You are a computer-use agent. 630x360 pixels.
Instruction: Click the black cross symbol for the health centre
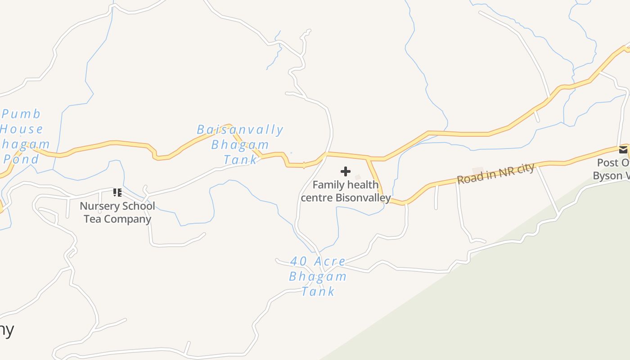pyautogui.click(x=346, y=171)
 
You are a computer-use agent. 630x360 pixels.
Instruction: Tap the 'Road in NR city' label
pyautogui.click(x=495, y=173)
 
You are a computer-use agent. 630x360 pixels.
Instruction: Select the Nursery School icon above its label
pyautogui.click(x=117, y=193)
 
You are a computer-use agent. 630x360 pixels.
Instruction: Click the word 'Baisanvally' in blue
pyautogui.click(x=240, y=130)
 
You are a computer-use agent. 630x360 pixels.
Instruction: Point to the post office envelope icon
pyautogui.click(x=623, y=150)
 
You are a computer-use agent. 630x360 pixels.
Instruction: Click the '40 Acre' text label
pyautogui.click(x=318, y=261)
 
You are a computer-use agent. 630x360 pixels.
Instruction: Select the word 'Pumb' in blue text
pyautogui.click(x=21, y=114)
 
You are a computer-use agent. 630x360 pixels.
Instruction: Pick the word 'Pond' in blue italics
pyautogui.click(x=21, y=159)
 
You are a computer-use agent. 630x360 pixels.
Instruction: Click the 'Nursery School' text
pyautogui.click(x=117, y=206)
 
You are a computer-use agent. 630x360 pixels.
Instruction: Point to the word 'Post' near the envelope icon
pyautogui.click(x=607, y=162)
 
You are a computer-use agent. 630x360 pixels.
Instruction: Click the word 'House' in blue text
pyautogui.click(x=21, y=129)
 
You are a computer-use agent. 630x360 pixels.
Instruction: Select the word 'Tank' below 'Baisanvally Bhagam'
pyautogui.click(x=240, y=159)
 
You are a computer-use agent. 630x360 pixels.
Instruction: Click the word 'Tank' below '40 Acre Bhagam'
pyautogui.click(x=318, y=292)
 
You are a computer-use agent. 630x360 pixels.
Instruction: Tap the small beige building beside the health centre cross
pyautogui.click(x=358, y=177)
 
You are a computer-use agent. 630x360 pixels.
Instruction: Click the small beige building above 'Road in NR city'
pyautogui.click(x=477, y=171)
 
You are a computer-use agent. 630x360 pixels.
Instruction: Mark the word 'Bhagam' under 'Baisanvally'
pyautogui.click(x=240, y=145)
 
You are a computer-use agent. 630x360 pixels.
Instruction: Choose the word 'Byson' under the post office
pyautogui.click(x=607, y=175)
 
